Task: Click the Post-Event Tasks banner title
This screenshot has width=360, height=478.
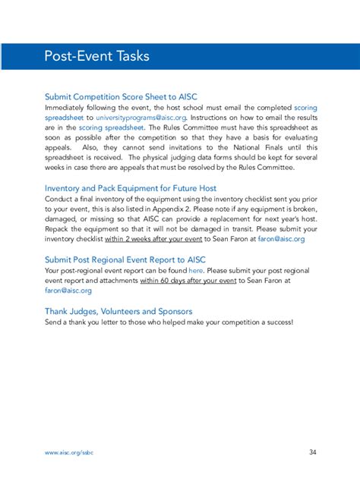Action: [96, 56]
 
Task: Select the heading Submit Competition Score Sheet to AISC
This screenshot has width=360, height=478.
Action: [122, 97]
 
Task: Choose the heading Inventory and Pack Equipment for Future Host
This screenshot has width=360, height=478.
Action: [131, 187]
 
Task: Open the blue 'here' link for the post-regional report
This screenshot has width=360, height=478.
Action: [196, 270]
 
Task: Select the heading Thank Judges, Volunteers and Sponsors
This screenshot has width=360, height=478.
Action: [118, 310]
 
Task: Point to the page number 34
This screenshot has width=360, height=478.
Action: [313, 452]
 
